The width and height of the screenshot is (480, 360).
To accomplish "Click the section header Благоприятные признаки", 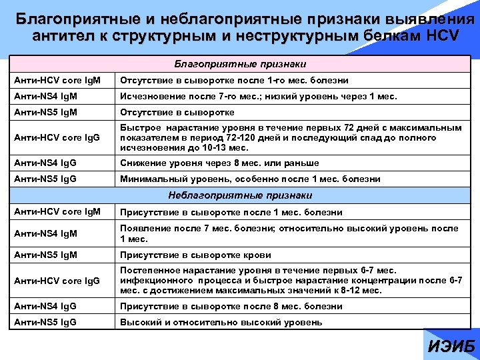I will (x=240, y=65).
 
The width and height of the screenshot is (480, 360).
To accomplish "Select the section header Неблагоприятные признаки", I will (x=240, y=195).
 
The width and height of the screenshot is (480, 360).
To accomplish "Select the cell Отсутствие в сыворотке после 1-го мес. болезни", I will (x=234, y=81).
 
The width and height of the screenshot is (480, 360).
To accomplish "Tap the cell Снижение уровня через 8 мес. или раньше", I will (x=219, y=163).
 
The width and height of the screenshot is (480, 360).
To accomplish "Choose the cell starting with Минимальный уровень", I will (x=250, y=179).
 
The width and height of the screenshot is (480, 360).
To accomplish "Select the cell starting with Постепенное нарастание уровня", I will (x=291, y=280).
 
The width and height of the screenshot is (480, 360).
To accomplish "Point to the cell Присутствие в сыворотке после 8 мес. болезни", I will (x=231, y=307).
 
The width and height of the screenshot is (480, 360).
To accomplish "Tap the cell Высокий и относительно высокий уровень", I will (x=221, y=323).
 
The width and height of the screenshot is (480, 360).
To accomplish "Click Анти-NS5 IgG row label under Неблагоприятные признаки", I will (x=45, y=323).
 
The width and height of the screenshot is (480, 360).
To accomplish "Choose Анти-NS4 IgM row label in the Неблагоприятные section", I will (x=46, y=233).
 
